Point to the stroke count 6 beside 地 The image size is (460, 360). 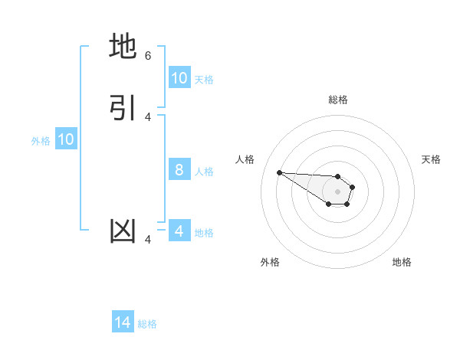tap(148, 56)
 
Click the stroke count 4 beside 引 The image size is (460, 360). tap(148, 116)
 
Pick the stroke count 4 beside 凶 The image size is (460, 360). tap(148, 241)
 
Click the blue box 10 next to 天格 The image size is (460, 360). tap(179, 78)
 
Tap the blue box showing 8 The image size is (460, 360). tap(179, 170)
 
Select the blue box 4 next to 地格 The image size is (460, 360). tap(179, 231)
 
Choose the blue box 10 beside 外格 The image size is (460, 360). tap(66, 139)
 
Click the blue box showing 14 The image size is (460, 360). tap(123, 322)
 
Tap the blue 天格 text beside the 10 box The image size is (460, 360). tap(204, 79)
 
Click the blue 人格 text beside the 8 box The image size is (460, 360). tap(204, 171)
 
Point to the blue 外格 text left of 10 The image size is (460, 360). tap(41, 140)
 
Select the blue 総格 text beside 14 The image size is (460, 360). tap(147, 323)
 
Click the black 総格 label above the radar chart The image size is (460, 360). tap(338, 100)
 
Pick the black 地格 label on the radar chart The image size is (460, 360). tap(402, 262)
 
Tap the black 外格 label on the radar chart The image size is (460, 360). tap(270, 262)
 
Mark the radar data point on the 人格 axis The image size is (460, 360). tap(279, 172)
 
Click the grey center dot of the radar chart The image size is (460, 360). tap(337, 191)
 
